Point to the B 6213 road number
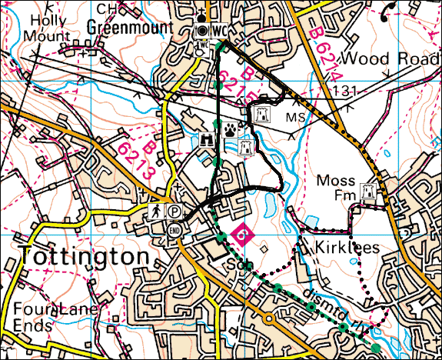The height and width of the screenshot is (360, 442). (x=138, y=160)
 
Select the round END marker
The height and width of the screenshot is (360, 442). (x=174, y=230)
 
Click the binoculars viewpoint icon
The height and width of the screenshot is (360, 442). (x=206, y=140)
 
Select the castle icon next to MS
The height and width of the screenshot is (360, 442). (x=261, y=115)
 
